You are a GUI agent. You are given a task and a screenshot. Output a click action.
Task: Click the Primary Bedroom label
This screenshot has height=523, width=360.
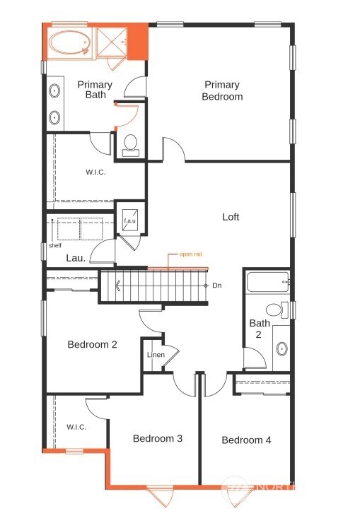[222, 90]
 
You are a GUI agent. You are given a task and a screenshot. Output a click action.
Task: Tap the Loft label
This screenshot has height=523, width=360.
[231, 217]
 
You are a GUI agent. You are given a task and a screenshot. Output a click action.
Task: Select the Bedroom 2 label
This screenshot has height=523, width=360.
[92, 345]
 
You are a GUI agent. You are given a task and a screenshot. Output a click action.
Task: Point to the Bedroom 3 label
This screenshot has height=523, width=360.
[158, 439]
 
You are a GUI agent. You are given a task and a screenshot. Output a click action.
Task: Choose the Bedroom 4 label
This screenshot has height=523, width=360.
[246, 440]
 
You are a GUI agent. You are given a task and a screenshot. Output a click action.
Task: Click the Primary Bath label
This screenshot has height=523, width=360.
[95, 90]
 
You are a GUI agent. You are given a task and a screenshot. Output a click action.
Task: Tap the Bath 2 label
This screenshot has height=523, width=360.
[259, 329]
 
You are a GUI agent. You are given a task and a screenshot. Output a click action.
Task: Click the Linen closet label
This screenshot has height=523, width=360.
[156, 354]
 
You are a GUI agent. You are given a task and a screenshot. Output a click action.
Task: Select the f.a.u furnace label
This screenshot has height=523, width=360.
[129, 221]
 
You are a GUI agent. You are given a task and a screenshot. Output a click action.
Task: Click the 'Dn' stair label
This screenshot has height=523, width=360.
[217, 286]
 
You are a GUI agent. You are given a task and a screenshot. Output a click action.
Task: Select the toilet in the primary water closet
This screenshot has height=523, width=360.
[130, 145]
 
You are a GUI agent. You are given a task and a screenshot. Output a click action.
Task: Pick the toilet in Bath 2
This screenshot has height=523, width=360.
[274, 310]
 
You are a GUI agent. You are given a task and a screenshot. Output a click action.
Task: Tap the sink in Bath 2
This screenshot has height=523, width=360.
[281, 348]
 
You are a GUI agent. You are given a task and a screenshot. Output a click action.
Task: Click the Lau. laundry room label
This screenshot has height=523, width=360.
[76, 259]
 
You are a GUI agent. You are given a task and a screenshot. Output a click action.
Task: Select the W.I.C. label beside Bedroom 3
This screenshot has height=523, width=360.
[76, 427]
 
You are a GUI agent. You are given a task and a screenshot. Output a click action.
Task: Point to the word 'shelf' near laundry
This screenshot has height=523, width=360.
[54, 245]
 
